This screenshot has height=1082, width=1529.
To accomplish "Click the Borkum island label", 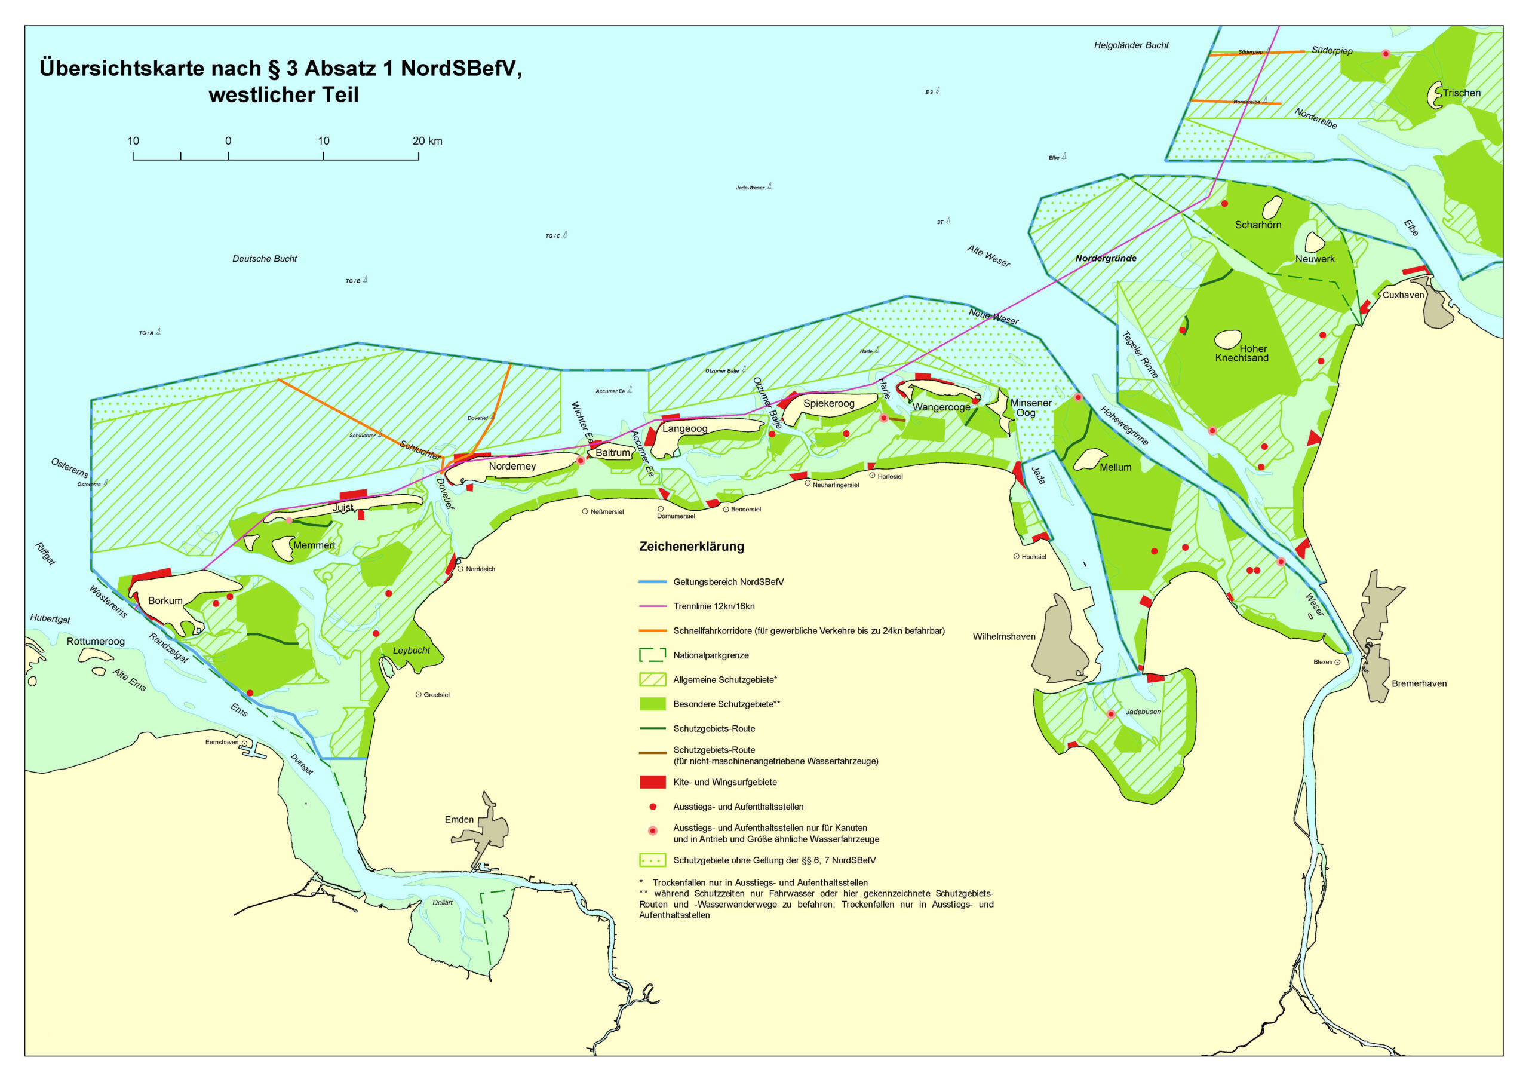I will [165, 600].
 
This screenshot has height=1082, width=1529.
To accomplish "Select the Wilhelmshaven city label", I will [1003, 636].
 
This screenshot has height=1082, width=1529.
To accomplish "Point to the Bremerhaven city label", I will [1419, 683].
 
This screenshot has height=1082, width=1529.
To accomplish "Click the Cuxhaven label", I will [1403, 295].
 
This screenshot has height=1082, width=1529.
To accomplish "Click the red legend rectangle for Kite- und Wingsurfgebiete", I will [652, 782].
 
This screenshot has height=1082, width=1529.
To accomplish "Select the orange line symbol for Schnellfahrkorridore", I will [652, 630].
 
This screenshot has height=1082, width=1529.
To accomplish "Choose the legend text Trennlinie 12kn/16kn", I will [713, 606].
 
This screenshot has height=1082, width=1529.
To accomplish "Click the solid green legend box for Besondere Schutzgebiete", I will [652, 704].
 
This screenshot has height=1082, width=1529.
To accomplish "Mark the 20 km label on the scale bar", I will [427, 140].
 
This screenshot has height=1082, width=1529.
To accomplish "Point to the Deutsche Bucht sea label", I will [265, 259].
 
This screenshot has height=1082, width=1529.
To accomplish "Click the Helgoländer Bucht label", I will [1131, 45].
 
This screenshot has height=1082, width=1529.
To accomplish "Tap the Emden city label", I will [459, 820].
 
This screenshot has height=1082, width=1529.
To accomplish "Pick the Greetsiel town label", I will [436, 695].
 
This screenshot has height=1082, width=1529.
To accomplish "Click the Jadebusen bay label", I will [1143, 712].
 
